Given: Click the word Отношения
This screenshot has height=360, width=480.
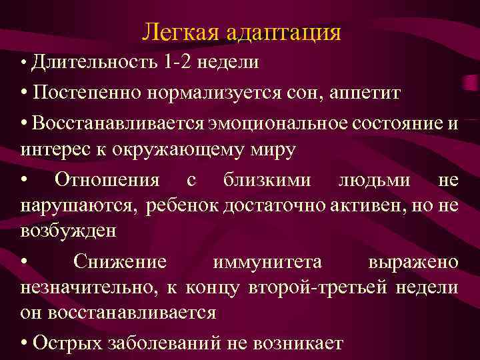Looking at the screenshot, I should pyautogui.click(x=107, y=180).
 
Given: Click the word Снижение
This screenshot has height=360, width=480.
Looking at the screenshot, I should pyautogui.click(x=120, y=262).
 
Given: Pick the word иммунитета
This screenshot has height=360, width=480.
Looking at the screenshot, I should pyautogui.click(x=267, y=262).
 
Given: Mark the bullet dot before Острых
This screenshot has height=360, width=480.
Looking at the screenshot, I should pyautogui.click(x=24, y=343).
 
